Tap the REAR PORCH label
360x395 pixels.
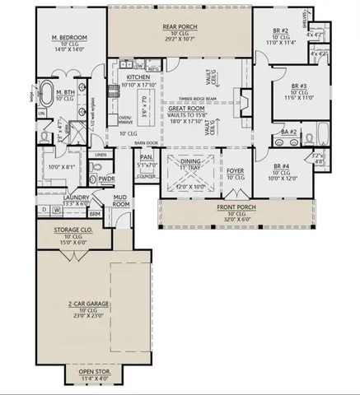pyautogui.click(x=178, y=27)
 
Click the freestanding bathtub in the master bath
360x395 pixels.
pyautogui.click(x=46, y=92)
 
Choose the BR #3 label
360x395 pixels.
pyautogui.click(x=299, y=86)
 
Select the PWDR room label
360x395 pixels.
pyautogui.click(x=106, y=178)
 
